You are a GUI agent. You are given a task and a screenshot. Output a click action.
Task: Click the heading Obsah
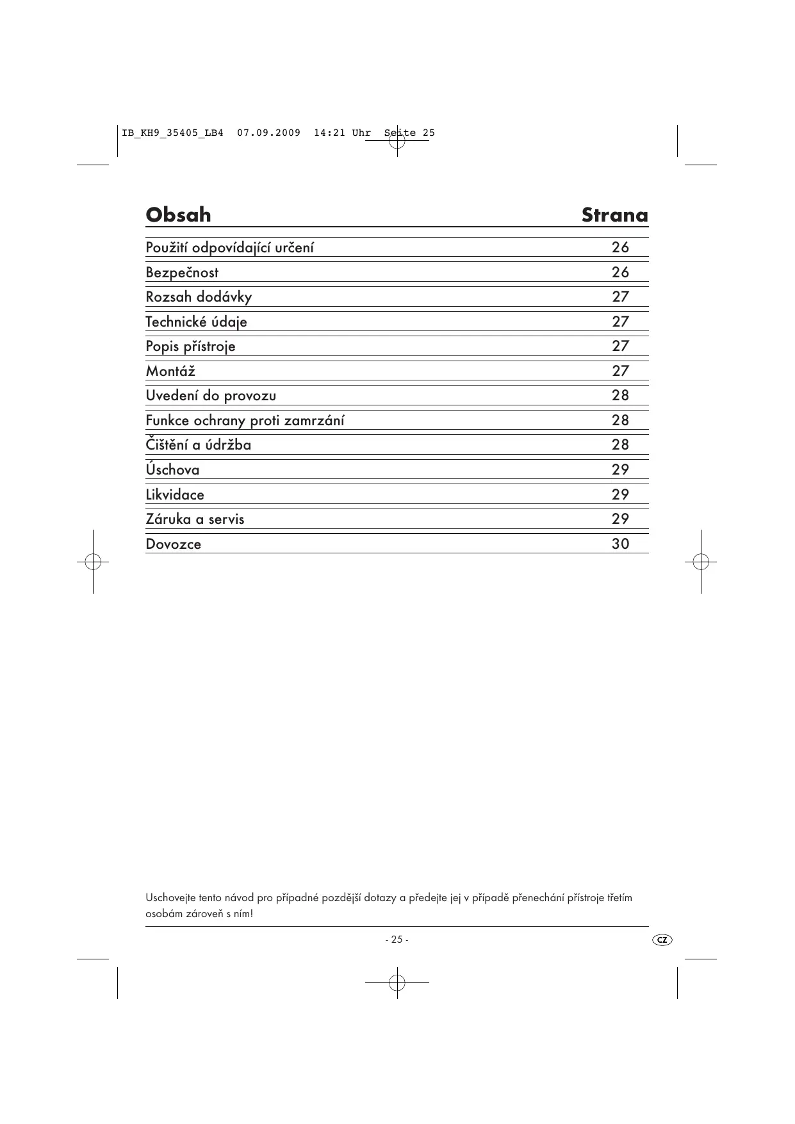178,215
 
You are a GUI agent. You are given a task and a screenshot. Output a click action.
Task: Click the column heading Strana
614,215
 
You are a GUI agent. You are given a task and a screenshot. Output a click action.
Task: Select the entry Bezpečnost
182,273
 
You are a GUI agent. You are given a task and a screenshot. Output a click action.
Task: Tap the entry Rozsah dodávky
199,297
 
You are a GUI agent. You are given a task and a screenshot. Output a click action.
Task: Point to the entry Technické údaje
196,322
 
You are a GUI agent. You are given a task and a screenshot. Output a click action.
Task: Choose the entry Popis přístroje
190,346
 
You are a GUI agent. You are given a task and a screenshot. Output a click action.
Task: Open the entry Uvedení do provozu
211,396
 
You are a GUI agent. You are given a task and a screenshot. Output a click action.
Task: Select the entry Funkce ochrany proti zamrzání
245,421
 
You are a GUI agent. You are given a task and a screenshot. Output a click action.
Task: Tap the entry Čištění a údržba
198,445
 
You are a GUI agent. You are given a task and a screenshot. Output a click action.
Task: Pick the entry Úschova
172,469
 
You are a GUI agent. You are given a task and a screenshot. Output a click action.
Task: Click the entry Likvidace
175,495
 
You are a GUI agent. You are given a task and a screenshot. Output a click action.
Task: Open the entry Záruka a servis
195,519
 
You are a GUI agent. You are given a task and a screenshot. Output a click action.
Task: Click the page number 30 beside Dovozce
620,544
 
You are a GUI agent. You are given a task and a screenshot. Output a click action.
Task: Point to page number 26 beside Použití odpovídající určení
620,248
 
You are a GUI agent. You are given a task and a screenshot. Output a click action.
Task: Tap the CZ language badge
662,940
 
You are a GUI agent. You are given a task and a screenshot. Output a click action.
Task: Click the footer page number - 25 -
397,940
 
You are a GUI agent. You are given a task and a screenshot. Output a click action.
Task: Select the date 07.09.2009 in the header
268,133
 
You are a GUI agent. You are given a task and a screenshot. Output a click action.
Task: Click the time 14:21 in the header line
329,133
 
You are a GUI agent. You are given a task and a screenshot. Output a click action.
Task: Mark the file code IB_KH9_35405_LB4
172,133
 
